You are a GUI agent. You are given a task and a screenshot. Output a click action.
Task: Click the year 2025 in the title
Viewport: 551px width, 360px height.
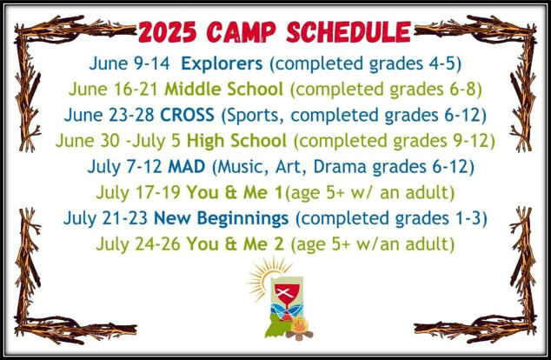tap(167, 32)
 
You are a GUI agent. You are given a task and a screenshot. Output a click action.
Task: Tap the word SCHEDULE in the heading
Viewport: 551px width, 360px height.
tap(349, 32)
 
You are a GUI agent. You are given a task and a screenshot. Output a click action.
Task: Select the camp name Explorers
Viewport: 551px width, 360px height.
tap(222, 64)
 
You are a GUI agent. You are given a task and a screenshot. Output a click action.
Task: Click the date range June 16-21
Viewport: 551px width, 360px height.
tap(113, 90)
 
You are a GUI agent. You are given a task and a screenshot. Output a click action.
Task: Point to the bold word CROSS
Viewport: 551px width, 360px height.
tap(188, 115)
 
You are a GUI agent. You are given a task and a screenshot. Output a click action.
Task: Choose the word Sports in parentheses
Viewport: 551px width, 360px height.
tap(253, 116)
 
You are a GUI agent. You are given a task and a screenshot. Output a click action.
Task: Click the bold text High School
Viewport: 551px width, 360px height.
tap(236, 141)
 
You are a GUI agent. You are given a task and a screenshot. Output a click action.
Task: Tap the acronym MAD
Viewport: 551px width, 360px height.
tap(187, 167)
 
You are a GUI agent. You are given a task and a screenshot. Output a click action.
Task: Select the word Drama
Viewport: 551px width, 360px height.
tap(340, 167)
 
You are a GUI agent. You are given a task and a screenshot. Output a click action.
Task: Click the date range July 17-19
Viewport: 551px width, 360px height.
tap(138, 193)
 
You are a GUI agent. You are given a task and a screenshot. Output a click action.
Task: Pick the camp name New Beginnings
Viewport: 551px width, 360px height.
tap(222, 218)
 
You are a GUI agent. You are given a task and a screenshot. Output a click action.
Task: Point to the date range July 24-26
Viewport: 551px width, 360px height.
tap(138, 244)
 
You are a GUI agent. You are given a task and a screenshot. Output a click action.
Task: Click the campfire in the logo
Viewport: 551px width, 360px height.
tap(299, 328)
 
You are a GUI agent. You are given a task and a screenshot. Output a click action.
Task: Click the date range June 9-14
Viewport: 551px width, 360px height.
tap(129, 64)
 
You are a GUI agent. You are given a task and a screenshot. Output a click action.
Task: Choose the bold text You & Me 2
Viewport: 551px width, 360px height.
tap(236, 244)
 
